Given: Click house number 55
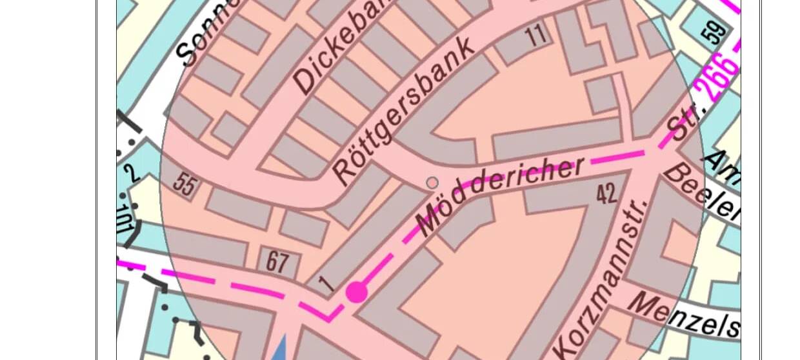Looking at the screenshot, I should pos(185,185).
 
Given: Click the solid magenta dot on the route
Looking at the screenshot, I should pos(357,292).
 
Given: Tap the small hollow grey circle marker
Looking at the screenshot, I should pos(432,183).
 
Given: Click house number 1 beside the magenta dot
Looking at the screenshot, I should pos(328,284).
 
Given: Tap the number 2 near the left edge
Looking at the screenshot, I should pos(132,174).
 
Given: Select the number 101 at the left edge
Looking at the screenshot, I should pos(124,219).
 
